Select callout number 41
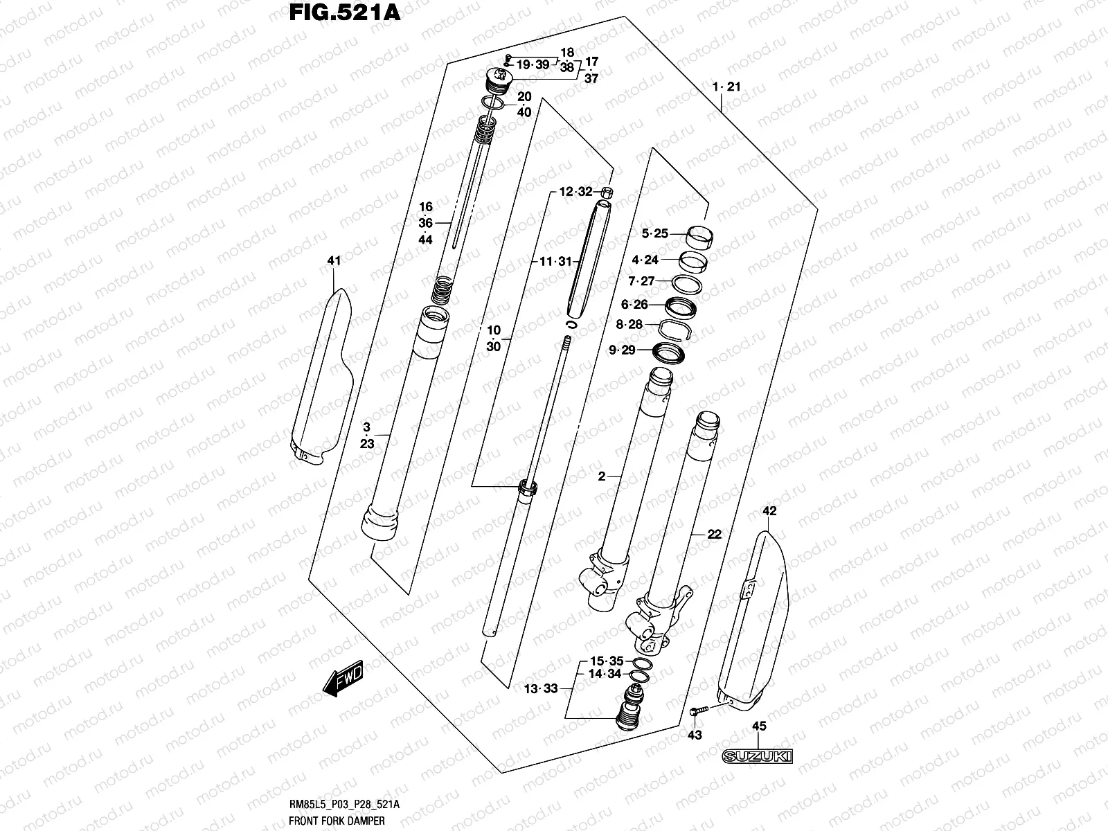(x=334, y=261)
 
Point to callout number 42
(x=769, y=511)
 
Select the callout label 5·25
(x=655, y=234)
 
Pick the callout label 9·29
(x=622, y=350)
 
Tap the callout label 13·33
(x=541, y=688)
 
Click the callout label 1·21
(x=727, y=87)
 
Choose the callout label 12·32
(x=576, y=192)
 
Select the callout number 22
(x=714, y=534)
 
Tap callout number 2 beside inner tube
(x=601, y=476)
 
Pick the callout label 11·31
(x=556, y=261)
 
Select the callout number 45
(x=760, y=726)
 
